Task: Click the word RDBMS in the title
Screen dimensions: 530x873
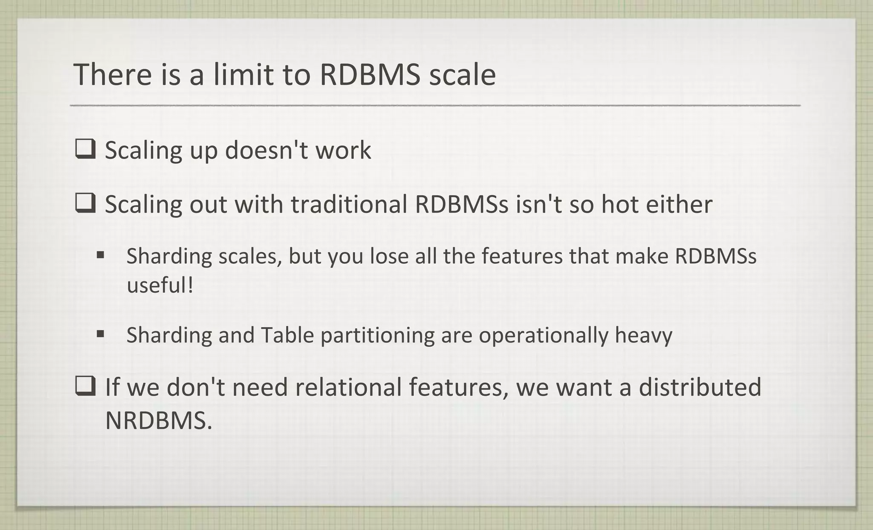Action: tap(370, 74)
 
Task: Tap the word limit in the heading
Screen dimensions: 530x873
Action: tap(243, 74)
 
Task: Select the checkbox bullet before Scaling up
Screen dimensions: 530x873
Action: tap(85, 150)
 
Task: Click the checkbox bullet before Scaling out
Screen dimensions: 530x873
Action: tap(85, 203)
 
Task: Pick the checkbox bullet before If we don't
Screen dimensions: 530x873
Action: tap(85, 386)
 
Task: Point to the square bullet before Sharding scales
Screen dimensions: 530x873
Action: tap(101, 255)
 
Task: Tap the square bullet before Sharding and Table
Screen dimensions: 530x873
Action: tap(101, 334)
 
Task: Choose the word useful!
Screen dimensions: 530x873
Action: tap(160, 285)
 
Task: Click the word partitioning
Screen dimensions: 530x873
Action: tap(377, 335)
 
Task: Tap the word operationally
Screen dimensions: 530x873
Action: tap(543, 335)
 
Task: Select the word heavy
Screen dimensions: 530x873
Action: tap(643, 335)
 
